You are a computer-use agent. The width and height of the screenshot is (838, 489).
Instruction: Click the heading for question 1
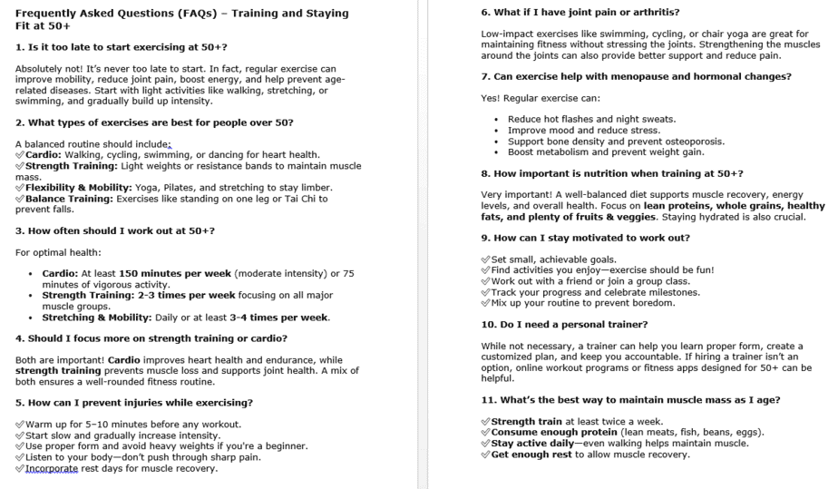[122, 46]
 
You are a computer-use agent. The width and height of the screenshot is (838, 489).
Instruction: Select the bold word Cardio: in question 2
[44, 155]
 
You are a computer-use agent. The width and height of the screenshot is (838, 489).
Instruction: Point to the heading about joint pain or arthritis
[580, 12]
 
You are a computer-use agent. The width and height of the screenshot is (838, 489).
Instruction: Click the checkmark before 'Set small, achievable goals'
[485, 259]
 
